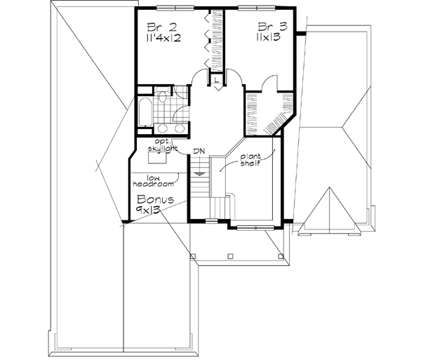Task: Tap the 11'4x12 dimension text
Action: tap(163, 39)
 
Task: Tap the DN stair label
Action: tap(199, 151)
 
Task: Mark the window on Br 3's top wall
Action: tap(252, 8)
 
